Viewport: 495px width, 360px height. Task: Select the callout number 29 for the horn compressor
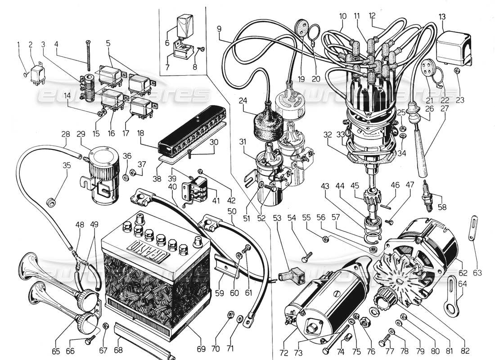[81, 135]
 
